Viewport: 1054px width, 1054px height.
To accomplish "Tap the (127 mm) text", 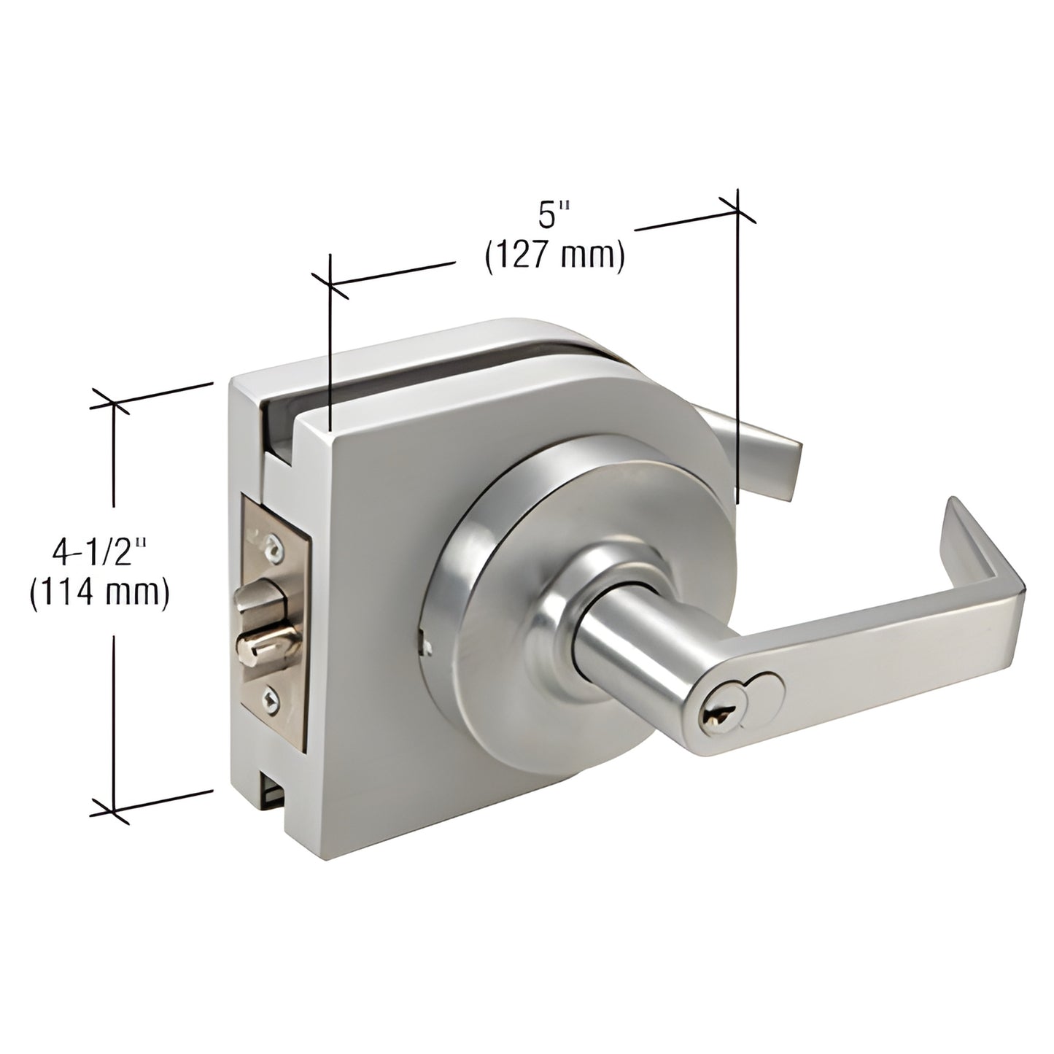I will [554, 257].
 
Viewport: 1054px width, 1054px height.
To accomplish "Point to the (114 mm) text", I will [100, 592].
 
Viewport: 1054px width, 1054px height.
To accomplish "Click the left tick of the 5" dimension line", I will [330, 284].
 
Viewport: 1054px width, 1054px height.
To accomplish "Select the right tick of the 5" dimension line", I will [737, 209].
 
